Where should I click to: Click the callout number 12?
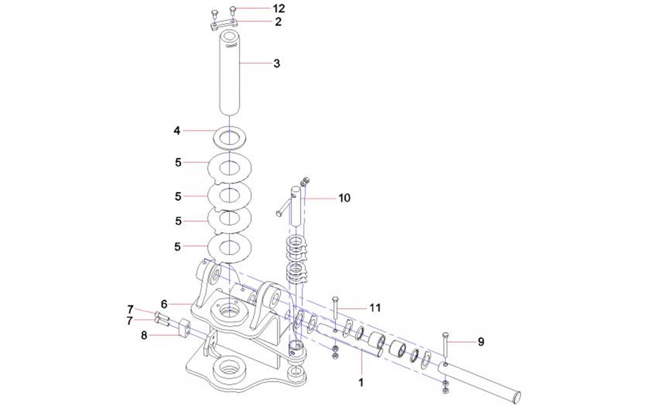coord(278,9)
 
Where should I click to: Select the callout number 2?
coord(278,22)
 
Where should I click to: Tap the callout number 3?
coord(276,63)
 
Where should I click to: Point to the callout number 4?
coord(177,131)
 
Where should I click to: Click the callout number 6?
coord(164,304)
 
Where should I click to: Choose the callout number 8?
coord(144,335)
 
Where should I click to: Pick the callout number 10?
coord(344,198)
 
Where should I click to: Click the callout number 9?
coord(480,341)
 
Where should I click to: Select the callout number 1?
coord(361,382)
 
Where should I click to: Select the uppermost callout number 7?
coord(130,309)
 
